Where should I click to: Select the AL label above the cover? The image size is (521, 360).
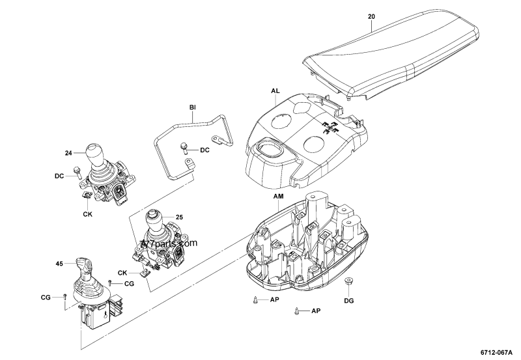click(x=276, y=92)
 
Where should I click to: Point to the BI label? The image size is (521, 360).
click(x=193, y=106)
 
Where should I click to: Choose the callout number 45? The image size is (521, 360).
click(x=59, y=264)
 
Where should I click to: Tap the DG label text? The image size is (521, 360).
click(x=349, y=301)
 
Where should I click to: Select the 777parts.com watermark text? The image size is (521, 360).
click(x=167, y=244)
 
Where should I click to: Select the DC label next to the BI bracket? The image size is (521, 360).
click(x=204, y=150)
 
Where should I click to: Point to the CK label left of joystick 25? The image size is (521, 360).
click(x=122, y=273)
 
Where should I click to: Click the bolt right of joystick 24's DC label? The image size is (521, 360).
click(x=77, y=172)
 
